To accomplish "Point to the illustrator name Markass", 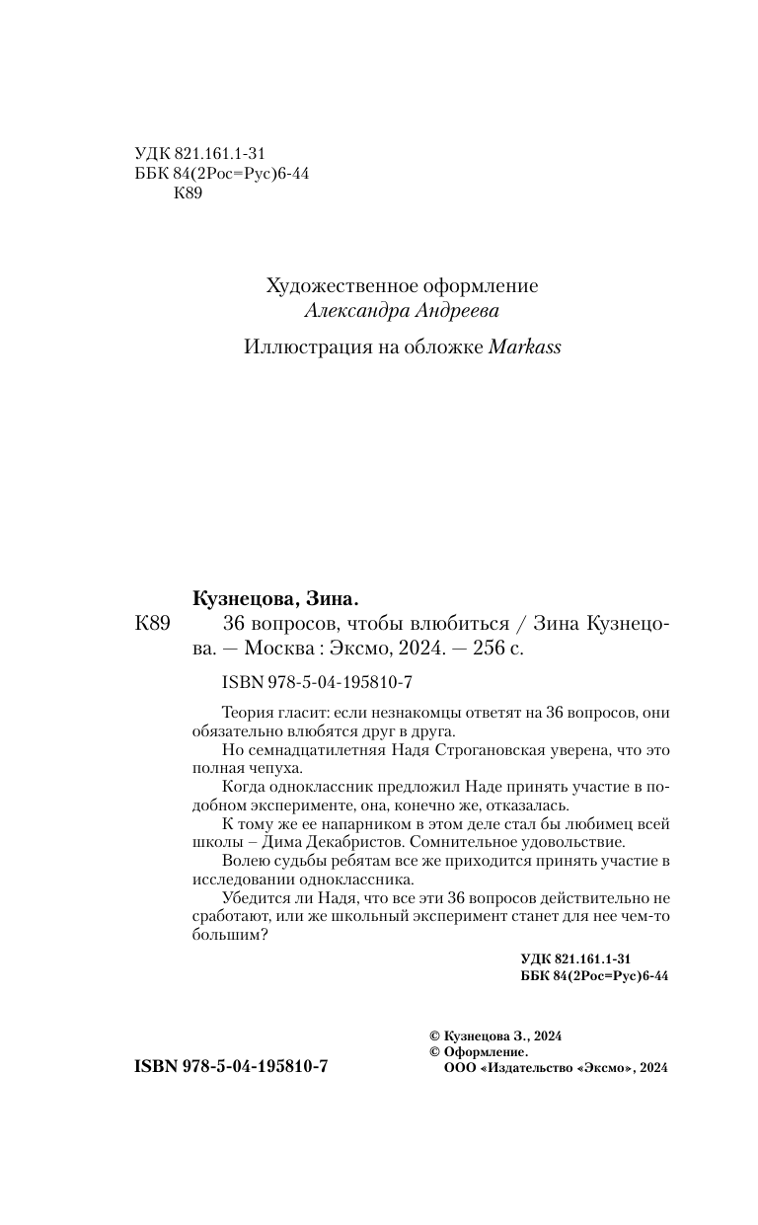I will [525, 347].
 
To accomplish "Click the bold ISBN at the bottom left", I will [216, 1069].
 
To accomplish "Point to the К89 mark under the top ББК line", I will [188, 194].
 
